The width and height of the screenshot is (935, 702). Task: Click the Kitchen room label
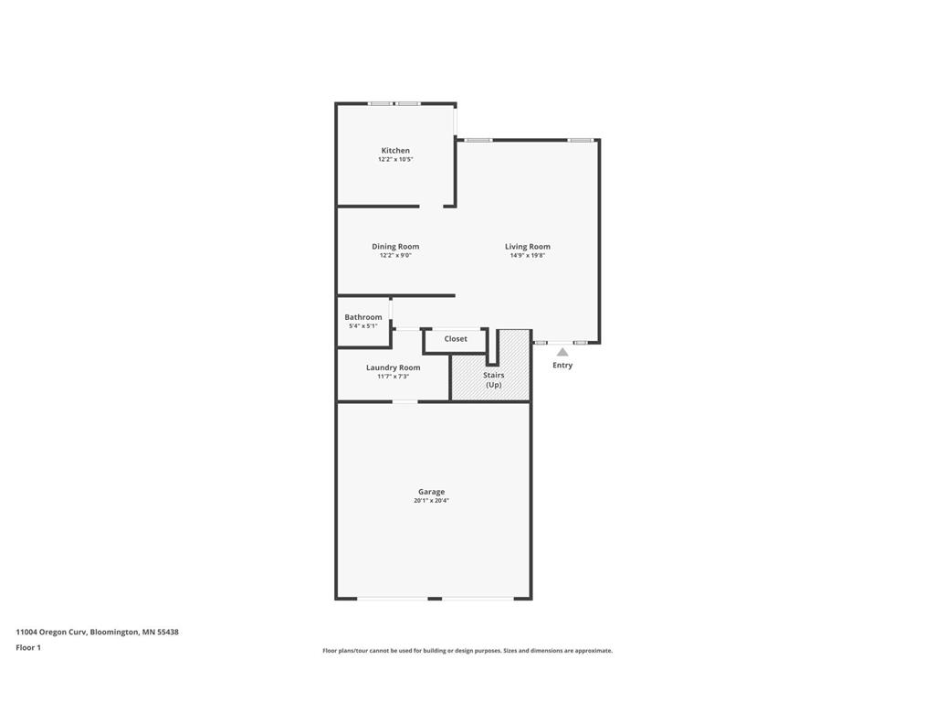(395, 151)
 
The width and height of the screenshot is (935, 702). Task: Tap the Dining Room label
(395, 247)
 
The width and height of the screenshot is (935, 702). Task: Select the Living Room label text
(528, 247)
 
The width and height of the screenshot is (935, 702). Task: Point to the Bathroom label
(363, 317)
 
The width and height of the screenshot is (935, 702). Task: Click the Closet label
(456, 338)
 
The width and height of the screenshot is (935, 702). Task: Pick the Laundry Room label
(393, 367)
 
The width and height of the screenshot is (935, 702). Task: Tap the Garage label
(431, 492)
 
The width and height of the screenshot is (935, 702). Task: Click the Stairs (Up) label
(494, 379)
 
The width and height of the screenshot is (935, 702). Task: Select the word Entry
(562, 365)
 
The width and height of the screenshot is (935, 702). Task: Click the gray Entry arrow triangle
(562, 352)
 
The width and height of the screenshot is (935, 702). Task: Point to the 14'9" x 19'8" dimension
(528, 256)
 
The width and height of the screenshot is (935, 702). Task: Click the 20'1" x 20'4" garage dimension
(431, 501)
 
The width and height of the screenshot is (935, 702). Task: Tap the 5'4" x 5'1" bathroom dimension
(363, 326)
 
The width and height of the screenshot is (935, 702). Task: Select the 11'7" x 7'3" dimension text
(393, 377)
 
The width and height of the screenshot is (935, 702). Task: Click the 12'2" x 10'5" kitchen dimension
(395, 159)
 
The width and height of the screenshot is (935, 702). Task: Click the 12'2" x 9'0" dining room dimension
(395, 256)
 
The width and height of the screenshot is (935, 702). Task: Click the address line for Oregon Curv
(97, 632)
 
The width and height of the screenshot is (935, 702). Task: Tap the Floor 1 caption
(28, 647)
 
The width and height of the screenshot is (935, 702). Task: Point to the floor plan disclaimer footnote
(467, 651)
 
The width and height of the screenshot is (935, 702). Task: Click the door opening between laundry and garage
(404, 402)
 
